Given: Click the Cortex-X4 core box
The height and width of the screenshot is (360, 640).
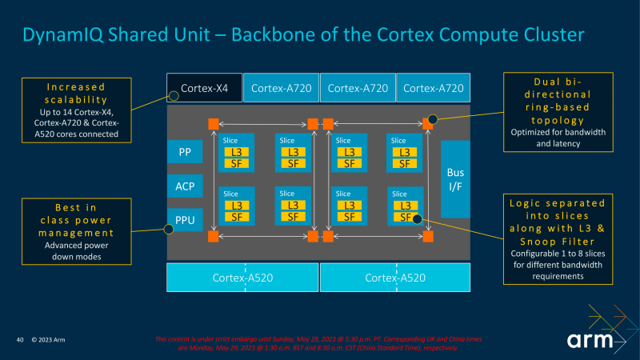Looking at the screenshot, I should point(205,87).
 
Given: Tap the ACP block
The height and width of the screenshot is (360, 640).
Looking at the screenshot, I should point(185,186).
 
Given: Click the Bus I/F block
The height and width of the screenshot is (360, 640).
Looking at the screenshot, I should point(455,179).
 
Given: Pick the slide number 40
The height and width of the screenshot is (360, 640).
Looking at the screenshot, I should point(19,341).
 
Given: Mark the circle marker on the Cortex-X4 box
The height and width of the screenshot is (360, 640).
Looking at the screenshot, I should point(172,97).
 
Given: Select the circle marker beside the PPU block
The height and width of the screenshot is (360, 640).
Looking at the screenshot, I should point(169,229).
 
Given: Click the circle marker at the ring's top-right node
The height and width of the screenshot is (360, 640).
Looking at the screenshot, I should point(433,119).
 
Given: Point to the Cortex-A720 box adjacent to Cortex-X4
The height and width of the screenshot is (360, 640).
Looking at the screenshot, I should point(281,87).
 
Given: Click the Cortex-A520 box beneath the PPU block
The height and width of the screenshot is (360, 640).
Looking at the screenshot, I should point(242,278).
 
